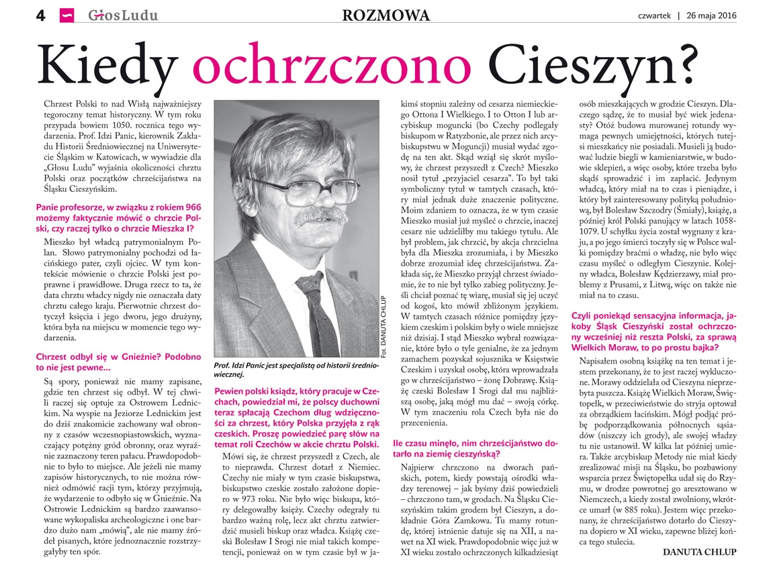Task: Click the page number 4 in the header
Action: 40,15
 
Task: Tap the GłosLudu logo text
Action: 123,15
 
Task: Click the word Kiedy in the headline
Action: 109,65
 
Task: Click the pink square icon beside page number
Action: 66,15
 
